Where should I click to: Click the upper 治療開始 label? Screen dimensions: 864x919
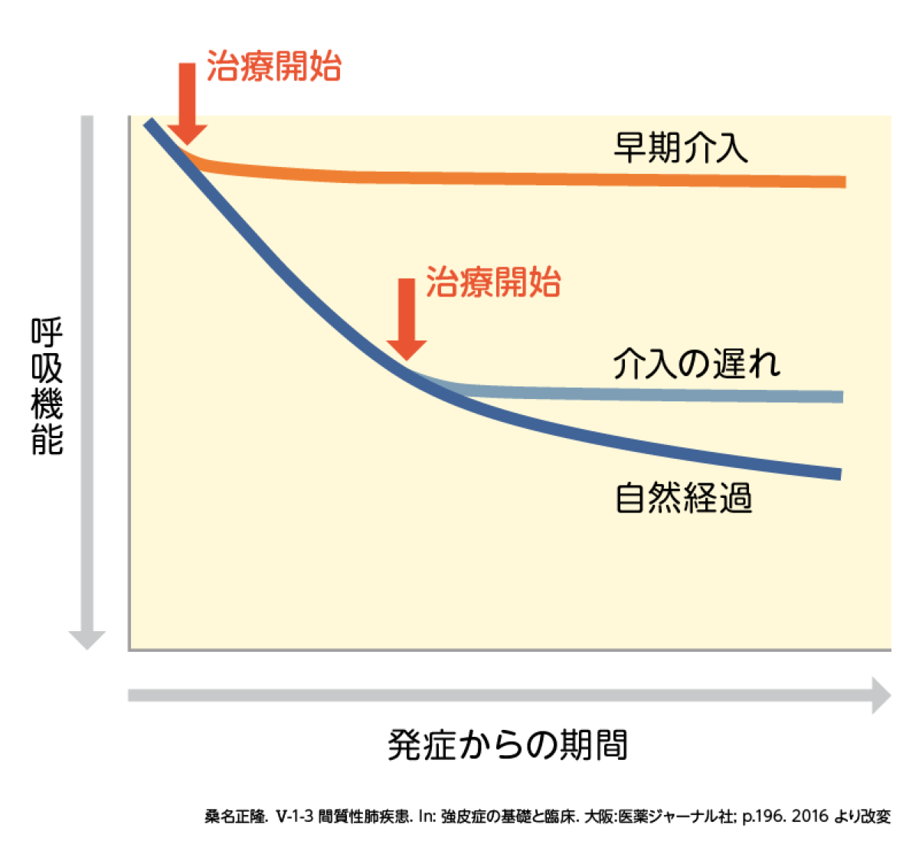coord(273,67)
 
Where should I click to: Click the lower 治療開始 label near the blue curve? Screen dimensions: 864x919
coord(493,283)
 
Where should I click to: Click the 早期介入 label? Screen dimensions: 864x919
coord(680,147)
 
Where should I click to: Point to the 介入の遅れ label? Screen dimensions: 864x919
coord(695,364)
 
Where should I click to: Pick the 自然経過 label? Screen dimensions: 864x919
coord(683,499)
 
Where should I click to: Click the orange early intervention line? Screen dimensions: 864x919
coord(536,178)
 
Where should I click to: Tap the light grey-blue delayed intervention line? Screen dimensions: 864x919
coord(651,394)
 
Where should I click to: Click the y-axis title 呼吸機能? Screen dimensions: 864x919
coord(47,387)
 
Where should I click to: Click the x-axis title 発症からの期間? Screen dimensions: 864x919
coord(507,745)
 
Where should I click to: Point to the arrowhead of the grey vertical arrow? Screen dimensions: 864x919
coord(87,640)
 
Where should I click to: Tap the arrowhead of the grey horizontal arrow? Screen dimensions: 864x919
coord(881,695)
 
